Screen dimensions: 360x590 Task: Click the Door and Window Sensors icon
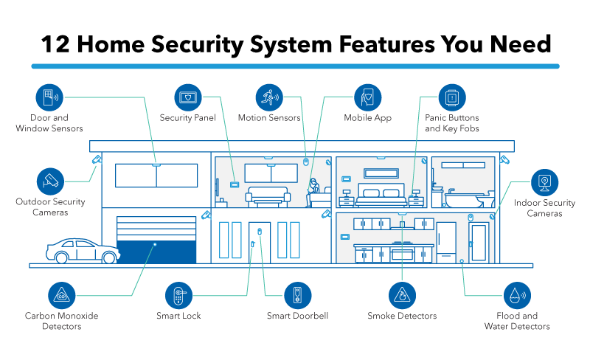click(50, 97)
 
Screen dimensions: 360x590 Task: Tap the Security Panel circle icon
click(188, 97)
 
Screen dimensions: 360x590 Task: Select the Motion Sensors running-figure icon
click(269, 97)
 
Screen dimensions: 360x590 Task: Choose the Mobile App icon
click(367, 97)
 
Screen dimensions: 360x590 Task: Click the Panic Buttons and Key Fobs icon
click(451, 97)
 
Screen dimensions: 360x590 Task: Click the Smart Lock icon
click(178, 296)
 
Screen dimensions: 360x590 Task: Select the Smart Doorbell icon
click(297, 296)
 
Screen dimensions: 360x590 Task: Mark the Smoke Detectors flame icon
click(402, 296)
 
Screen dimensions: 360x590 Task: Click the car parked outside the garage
click(83, 250)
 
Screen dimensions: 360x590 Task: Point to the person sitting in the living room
click(313, 192)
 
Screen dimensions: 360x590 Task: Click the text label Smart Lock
click(178, 316)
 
